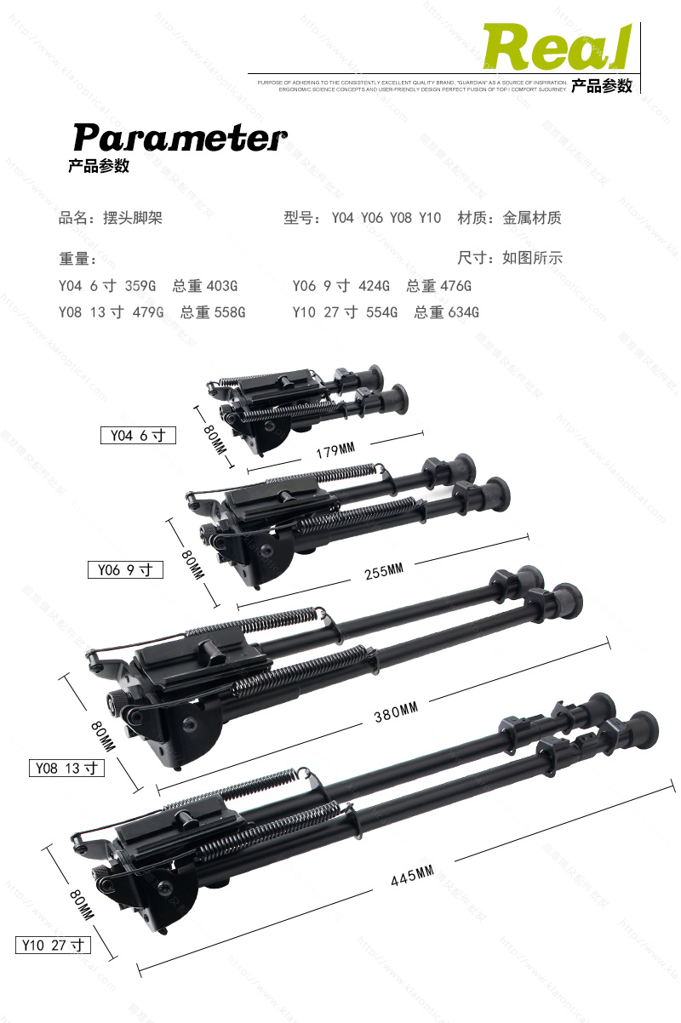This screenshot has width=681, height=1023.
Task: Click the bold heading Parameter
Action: [x=180, y=137]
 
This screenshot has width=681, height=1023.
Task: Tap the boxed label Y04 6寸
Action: [x=138, y=436]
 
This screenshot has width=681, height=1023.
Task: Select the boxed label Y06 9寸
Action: [x=125, y=569]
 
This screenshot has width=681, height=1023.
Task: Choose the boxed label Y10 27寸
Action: [x=53, y=945]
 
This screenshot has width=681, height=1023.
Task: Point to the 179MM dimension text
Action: [x=335, y=450]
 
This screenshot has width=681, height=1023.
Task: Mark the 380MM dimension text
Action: [x=396, y=712]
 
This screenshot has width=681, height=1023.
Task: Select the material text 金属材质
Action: [x=532, y=218]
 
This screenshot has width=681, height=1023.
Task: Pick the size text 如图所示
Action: [x=532, y=258]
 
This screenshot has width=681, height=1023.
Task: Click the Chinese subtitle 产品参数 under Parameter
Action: [x=99, y=166]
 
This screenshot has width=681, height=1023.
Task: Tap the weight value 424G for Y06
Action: [x=375, y=286]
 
